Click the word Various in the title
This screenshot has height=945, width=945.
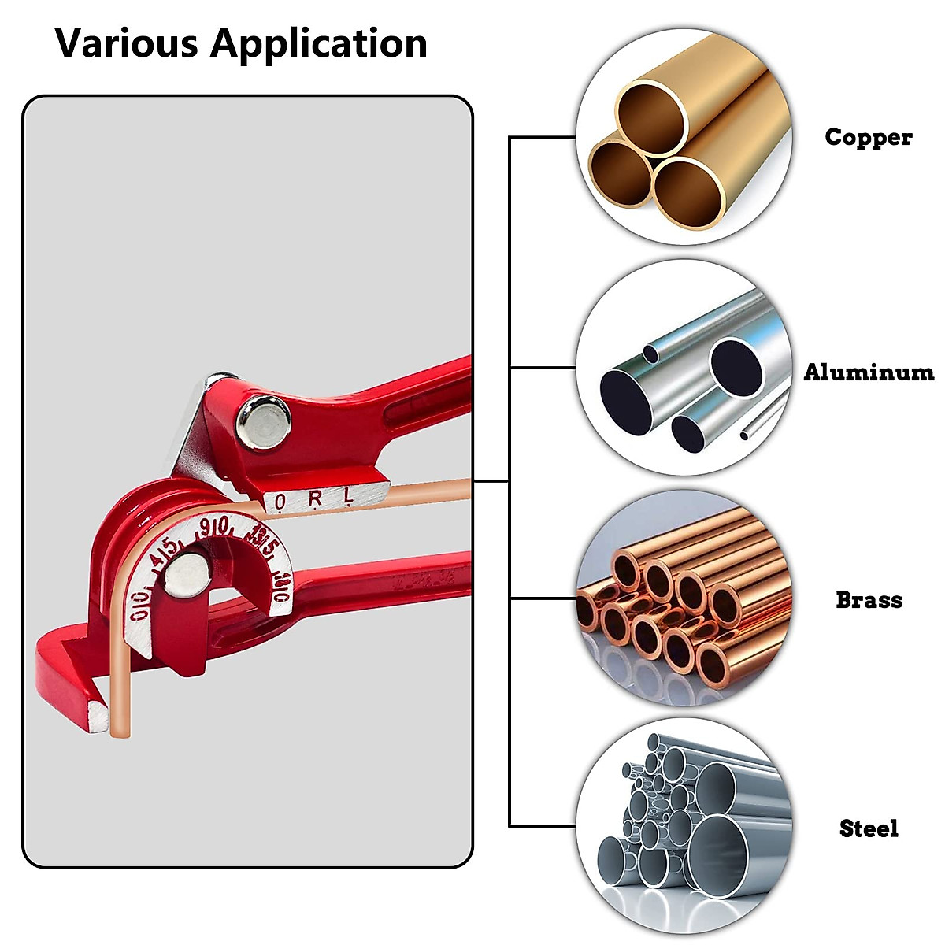click(x=126, y=43)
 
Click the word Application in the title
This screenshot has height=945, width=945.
click(x=318, y=45)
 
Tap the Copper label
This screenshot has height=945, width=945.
click(x=868, y=137)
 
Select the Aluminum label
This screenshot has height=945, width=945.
click(x=868, y=372)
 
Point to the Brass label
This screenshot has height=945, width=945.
click(x=869, y=600)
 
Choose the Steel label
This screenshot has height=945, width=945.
click(x=869, y=828)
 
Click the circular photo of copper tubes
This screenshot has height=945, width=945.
click(x=684, y=138)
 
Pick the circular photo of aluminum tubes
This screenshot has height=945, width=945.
click(x=684, y=368)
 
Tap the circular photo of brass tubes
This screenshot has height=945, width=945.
click(x=684, y=598)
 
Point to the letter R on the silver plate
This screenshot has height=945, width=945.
click(x=315, y=498)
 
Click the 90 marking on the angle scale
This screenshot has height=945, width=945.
click(x=214, y=527)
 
